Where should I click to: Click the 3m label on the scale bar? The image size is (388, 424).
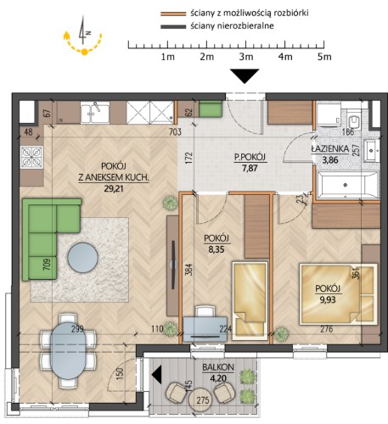(246, 57)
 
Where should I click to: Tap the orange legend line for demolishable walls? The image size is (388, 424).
(173, 14)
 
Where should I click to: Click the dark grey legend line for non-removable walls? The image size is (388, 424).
(173, 27)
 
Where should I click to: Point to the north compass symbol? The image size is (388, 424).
(82, 31)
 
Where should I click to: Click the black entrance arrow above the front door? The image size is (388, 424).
(245, 76)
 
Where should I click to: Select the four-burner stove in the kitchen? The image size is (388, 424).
(31, 157)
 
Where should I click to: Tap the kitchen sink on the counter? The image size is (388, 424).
(95, 114)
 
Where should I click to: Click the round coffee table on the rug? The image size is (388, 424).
(82, 258)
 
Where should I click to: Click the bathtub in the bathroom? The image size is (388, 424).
(348, 185)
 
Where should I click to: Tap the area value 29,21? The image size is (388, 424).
(114, 188)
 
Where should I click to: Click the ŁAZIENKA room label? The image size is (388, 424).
(330, 149)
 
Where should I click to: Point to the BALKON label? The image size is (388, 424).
(218, 367)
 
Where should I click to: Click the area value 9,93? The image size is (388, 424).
(328, 299)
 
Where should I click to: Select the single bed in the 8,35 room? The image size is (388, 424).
(250, 300)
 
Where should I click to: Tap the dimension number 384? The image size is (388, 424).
(189, 270)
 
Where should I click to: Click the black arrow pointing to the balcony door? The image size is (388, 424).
(157, 375)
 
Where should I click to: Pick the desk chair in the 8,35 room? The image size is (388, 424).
(205, 311)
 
